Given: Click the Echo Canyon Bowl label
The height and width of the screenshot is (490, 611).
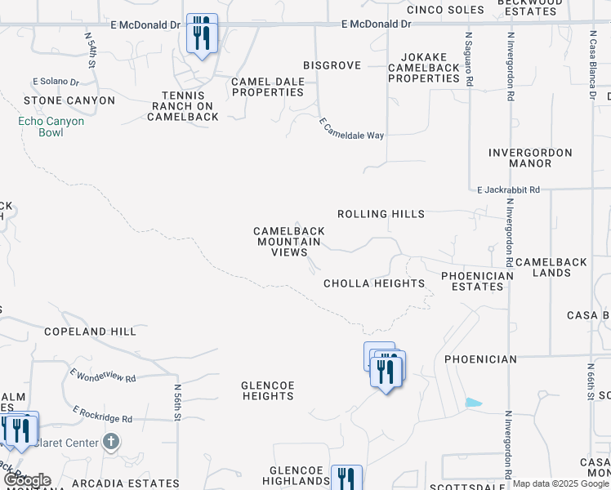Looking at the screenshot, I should pyautogui.click(x=51, y=127).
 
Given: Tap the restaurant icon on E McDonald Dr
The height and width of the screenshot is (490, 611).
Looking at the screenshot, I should pyautogui.click(x=202, y=33).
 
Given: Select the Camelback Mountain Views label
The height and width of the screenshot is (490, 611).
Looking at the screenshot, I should pyautogui.click(x=289, y=242).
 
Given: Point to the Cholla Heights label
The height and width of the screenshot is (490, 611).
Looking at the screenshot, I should pyautogui.click(x=374, y=283).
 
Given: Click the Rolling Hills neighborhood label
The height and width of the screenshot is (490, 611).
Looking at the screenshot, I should pyautogui.click(x=381, y=214).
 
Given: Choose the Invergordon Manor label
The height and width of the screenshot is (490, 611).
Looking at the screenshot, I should pyautogui.click(x=530, y=158).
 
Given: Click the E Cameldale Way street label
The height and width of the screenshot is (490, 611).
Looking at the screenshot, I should pyautogui.click(x=350, y=128).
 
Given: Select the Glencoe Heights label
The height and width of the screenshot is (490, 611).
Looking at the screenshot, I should pyautogui.click(x=268, y=390).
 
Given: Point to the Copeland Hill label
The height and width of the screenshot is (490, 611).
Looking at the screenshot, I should pyautogui.click(x=90, y=332).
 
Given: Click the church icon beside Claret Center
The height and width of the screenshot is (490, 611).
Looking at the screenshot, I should pyautogui.click(x=112, y=443).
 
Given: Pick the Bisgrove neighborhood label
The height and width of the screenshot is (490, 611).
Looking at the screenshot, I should pyautogui.click(x=332, y=65).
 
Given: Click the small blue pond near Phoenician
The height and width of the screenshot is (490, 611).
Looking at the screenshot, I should pyautogui.click(x=473, y=403).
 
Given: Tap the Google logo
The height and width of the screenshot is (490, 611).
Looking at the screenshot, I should pyautogui.click(x=27, y=481).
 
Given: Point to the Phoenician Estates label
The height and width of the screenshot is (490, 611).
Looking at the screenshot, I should pyautogui.click(x=477, y=281).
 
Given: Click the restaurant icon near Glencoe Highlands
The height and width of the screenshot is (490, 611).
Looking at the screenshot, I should pyautogui.click(x=346, y=479).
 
